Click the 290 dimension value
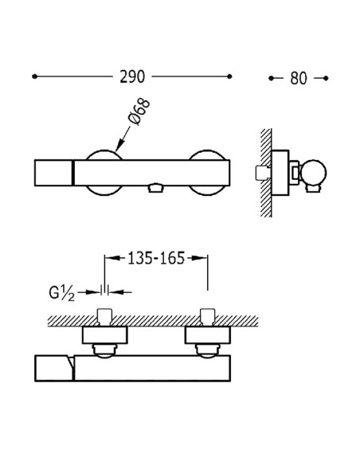point(131,77)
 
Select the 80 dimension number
point(298,78)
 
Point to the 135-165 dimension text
point(157,258)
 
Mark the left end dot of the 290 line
point(34,77)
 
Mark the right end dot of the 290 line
point(229,77)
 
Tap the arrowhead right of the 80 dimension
point(323,78)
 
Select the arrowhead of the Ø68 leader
point(118,149)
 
